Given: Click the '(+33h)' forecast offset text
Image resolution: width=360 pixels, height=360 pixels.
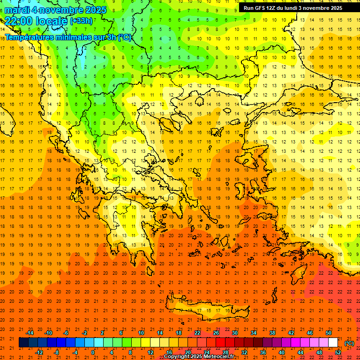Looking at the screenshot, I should point(81,21).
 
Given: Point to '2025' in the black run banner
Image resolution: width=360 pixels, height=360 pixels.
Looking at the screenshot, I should point(335,8).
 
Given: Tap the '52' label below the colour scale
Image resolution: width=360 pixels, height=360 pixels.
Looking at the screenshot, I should point(338,352).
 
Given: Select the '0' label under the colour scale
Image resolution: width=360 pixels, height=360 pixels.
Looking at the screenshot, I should point(92,352).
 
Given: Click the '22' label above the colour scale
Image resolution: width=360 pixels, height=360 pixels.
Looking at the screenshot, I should point(197,332).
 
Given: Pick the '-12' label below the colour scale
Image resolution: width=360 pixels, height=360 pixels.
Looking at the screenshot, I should point(39,352).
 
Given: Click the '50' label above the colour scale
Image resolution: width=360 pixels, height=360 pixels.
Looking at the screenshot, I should point(329,332).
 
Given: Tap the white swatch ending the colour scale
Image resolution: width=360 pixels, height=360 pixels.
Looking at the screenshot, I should point(333,343).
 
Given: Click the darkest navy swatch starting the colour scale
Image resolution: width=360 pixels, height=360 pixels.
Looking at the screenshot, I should point(23,343).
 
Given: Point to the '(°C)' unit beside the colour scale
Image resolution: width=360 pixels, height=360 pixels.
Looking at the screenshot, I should point(349,343).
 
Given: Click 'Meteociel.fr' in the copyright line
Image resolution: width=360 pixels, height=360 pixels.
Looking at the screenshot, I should point(219,357).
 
